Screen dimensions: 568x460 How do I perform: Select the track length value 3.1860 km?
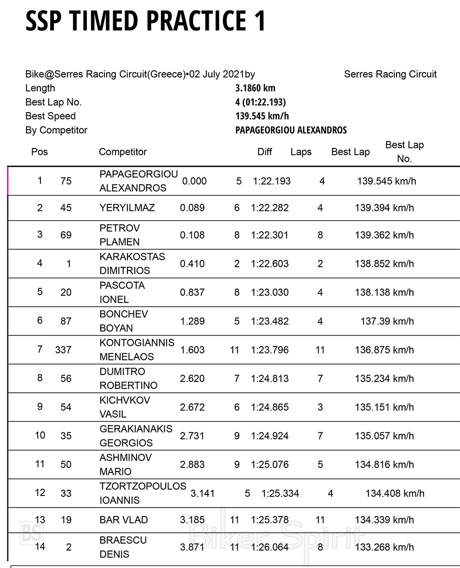point(255,88)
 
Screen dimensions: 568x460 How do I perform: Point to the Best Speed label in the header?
point(51,116)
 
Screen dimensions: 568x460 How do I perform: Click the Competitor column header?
point(123,152)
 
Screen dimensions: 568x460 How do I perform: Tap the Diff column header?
point(265,152)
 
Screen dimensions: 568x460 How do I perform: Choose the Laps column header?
point(301,152)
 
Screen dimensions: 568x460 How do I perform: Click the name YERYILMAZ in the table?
point(127,208)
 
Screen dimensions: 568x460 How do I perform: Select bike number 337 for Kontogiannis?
point(63,350)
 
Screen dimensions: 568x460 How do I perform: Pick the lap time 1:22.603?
point(270,264)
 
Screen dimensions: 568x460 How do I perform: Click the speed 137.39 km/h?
point(387,322)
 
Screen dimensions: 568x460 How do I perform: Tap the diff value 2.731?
point(192,436)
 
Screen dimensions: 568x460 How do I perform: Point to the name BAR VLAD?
point(124,520)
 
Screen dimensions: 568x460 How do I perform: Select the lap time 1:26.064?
point(270,547)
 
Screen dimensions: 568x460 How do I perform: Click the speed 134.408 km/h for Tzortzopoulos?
point(395,494)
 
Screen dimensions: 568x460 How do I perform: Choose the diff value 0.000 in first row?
point(194,182)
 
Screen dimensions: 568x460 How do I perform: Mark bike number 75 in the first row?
point(66,182)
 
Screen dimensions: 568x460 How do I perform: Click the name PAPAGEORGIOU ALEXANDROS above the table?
point(291,131)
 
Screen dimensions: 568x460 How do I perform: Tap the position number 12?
point(40,493)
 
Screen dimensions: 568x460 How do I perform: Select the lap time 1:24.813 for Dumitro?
point(270,379)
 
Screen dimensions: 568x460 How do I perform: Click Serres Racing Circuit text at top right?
point(390,74)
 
